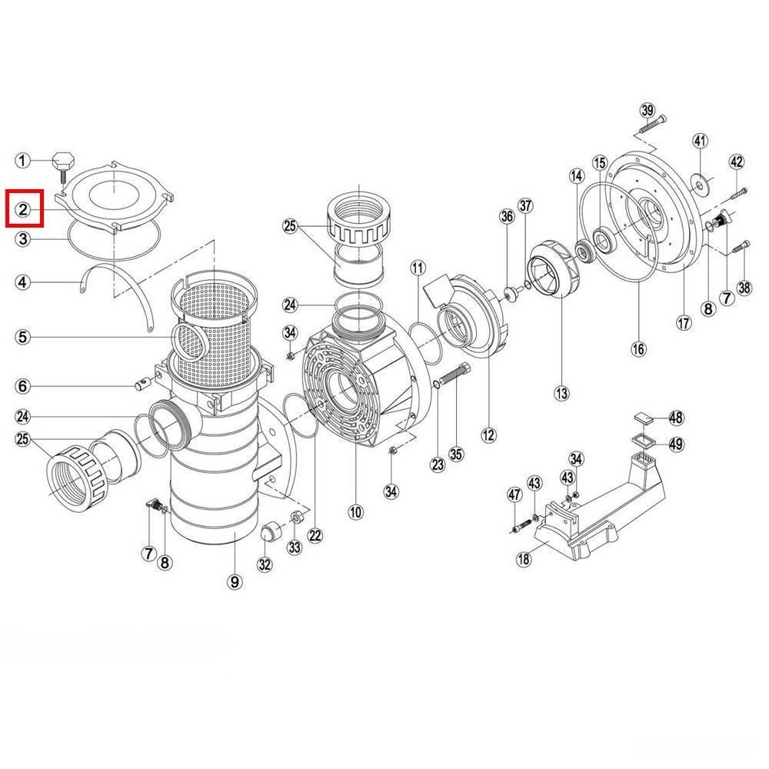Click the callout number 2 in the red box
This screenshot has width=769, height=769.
tap(23, 210)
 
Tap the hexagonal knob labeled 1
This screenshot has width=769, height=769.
tap(63, 161)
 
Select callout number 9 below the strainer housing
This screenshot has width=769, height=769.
tap(235, 582)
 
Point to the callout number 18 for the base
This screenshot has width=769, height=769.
tap(524, 558)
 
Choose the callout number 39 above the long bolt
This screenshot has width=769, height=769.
tap(647, 110)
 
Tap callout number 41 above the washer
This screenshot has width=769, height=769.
tap(701, 141)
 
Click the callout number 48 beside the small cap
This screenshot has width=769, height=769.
tap(676, 418)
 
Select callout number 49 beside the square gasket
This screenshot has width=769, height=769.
tap(676, 444)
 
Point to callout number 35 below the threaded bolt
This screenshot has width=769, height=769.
tap(456, 454)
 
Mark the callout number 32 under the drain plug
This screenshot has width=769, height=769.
tap(265, 564)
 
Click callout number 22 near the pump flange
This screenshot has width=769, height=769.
tap(315, 535)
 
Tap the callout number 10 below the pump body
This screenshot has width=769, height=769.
tap(355, 512)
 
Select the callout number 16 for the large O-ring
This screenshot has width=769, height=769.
tap(638, 349)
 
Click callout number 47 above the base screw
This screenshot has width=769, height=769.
tap(514, 494)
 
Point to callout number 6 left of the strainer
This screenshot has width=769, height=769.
tap(23, 386)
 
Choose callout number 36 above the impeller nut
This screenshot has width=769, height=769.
tap(507, 216)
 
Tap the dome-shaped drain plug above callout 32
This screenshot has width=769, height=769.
tap(271, 531)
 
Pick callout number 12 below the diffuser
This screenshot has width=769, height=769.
tap(488, 435)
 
